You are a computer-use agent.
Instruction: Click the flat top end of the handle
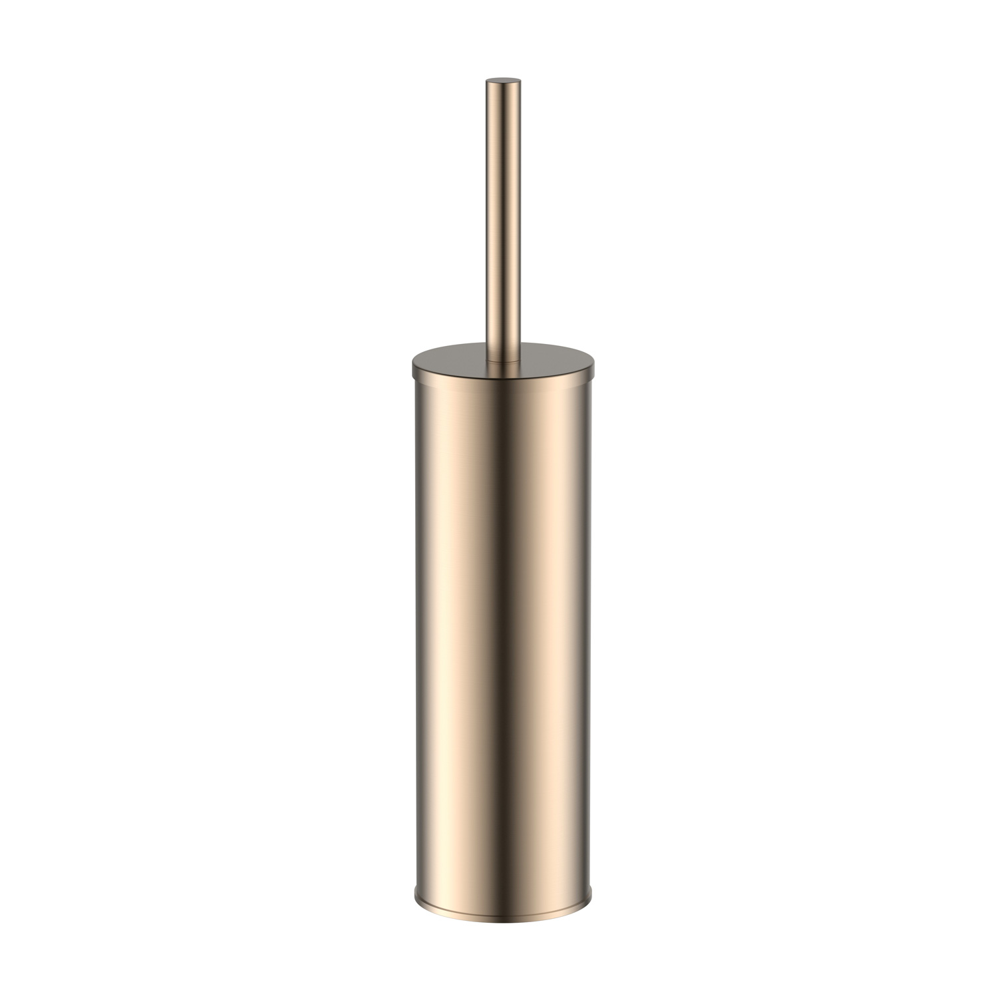pos(499,81)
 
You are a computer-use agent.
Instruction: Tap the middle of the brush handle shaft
pos(499,220)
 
